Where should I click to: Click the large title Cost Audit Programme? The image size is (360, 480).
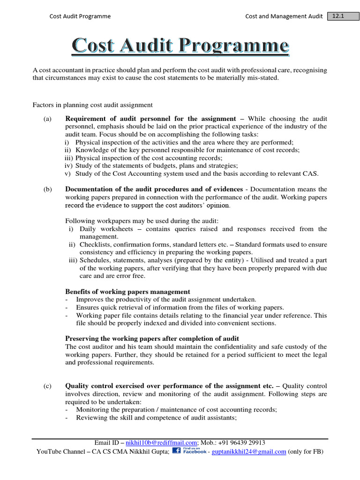pos(180,46)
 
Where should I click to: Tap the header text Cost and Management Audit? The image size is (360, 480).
pos(284,16)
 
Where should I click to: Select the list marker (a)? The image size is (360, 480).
pos(47,119)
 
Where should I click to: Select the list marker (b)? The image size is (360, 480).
pos(47,189)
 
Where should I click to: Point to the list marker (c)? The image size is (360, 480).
pos(47,386)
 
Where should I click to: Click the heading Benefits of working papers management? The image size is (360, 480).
pos(127,292)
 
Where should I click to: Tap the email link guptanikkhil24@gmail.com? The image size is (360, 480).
pos(249,452)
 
